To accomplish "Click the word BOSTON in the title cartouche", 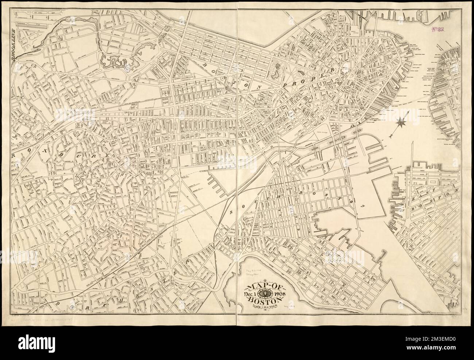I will (x=262, y=300).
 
